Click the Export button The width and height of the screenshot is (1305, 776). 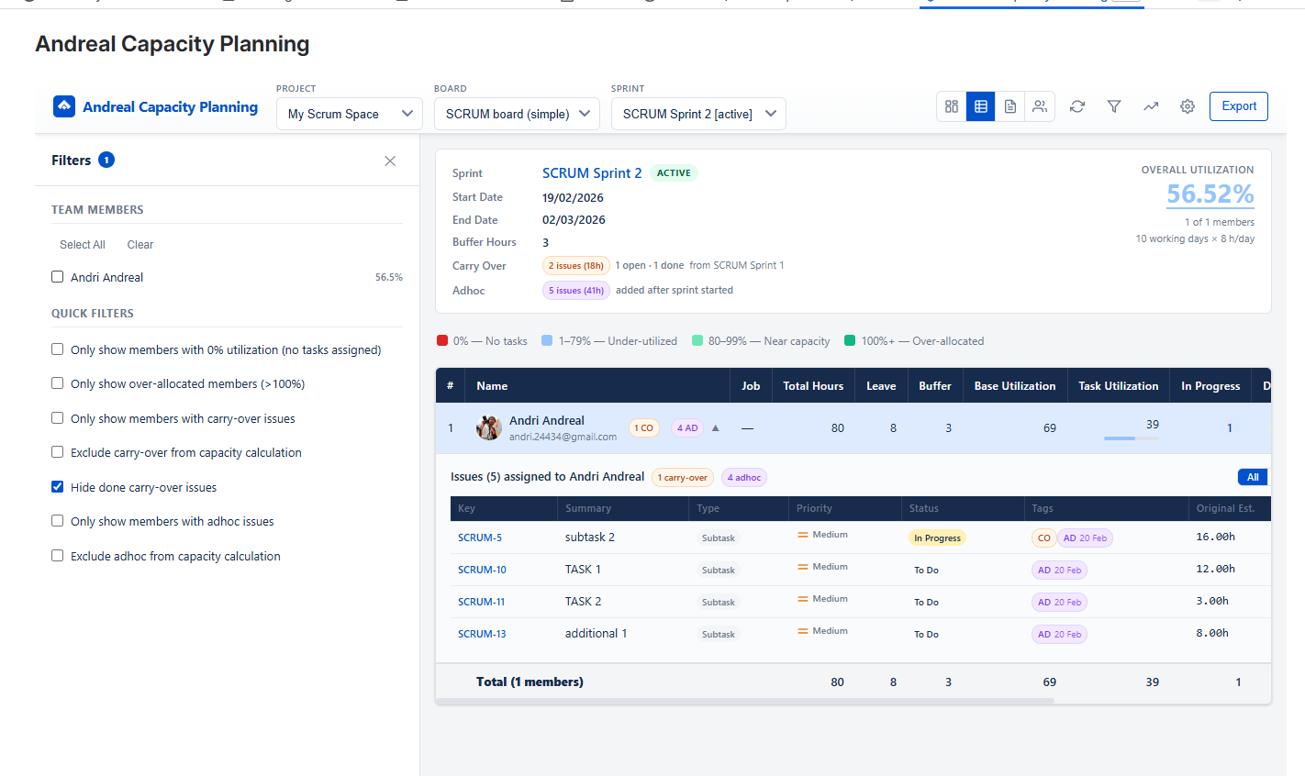pyautogui.click(x=1238, y=106)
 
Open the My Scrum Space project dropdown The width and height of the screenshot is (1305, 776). pyautogui.click(x=349, y=114)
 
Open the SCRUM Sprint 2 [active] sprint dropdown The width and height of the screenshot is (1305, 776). pyautogui.click(x=697, y=114)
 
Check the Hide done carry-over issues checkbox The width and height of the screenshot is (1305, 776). pyautogui.click(x=58, y=487)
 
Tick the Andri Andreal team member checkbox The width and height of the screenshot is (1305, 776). pyautogui.click(x=58, y=277)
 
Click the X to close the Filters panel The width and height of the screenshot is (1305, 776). pyautogui.click(x=390, y=161)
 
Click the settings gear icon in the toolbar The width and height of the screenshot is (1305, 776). pyautogui.click(x=1187, y=106)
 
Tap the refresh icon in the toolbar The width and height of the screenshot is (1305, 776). pyautogui.click(x=1077, y=106)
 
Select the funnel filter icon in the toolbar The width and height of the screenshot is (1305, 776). pyautogui.click(x=1113, y=106)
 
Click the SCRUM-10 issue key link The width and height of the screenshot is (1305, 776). pyautogui.click(x=482, y=570)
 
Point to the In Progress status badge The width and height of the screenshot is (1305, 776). pyautogui.click(x=937, y=538)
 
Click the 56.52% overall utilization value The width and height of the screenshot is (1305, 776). pyautogui.click(x=1210, y=194)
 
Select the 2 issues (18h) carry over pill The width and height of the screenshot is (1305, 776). pyautogui.click(x=576, y=266)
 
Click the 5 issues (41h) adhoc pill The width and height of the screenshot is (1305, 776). pyautogui.click(x=576, y=291)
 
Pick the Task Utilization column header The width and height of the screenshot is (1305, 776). pyautogui.click(x=1118, y=386)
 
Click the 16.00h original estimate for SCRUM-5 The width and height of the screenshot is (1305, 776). pyautogui.click(x=1215, y=538)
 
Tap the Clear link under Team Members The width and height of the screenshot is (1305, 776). pyautogui.click(x=139, y=245)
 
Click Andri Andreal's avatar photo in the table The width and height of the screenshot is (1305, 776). pyautogui.click(x=489, y=427)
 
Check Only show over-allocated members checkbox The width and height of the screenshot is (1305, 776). pyautogui.click(x=58, y=383)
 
